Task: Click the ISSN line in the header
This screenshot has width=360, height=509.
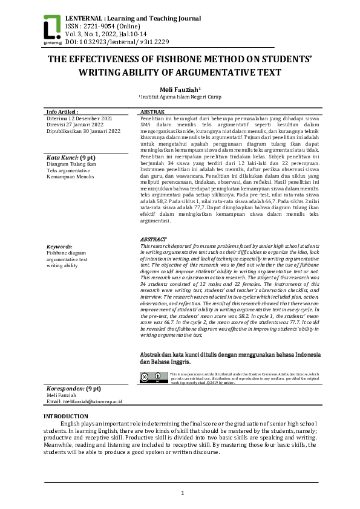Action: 99,27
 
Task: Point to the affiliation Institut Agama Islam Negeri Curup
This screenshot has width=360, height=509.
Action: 180,97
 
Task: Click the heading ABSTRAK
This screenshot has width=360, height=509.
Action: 152,112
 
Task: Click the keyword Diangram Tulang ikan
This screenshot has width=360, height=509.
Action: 71,164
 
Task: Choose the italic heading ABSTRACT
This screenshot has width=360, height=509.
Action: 153,239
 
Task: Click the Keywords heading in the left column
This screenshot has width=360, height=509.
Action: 59,247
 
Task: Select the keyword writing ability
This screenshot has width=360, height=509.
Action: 62,265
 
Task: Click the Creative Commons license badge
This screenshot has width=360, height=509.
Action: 153,377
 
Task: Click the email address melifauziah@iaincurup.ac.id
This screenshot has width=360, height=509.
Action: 84,401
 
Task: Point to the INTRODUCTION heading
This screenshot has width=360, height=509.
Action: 66,417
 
